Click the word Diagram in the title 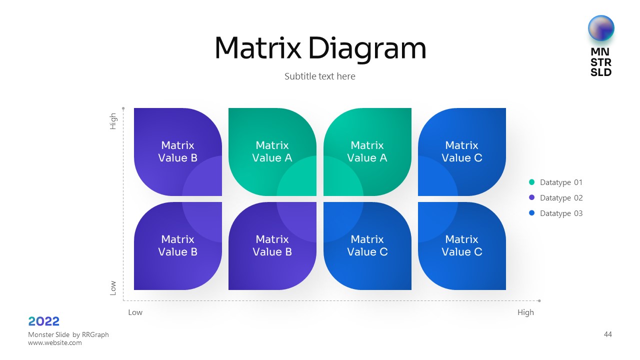pos(367,49)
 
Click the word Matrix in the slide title pos(257,48)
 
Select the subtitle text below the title pos(320,76)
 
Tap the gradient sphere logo pos(601,28)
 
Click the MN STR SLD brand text pos(601,62)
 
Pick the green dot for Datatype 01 pos(531,182)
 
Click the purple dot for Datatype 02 pos(531,198)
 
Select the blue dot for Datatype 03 pos(531,213)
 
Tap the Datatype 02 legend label pos(561,198)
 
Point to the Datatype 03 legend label pos(561,213)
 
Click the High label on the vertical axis pos(113,121)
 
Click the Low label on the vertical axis pos(113,287)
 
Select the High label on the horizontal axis pos(525,312)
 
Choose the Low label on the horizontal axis pos(135,312)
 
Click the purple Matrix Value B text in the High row pos(177,151)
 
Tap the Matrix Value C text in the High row pos(461,151)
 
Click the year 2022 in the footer pos(44,321)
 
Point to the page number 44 pos(607,334)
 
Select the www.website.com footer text pos(55,343)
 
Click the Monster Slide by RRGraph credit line pos(68,334)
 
